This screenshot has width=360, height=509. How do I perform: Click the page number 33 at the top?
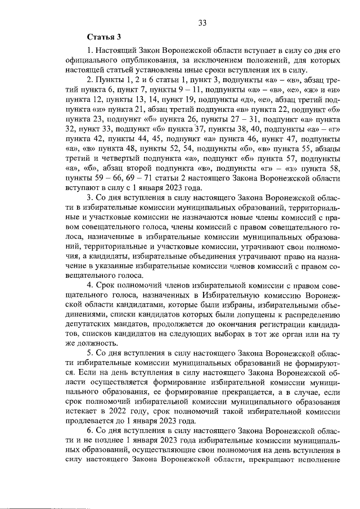203,23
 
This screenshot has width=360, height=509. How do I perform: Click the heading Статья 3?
104,38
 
